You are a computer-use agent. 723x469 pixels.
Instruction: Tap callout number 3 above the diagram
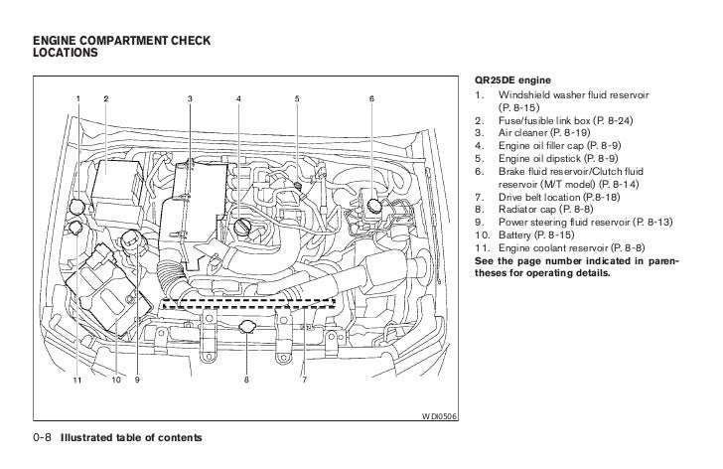pyautogui.click(x=190, y=98)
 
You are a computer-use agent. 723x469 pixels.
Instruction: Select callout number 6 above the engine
pyautogui.click(x=370, y=98)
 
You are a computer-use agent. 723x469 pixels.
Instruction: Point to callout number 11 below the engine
pyautogui.click(x=75, y=380)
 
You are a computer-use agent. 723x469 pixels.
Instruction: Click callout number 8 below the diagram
pyautogui.click(x=245, y=380)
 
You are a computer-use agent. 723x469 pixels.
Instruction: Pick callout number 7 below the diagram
pyautogui.click(x=303, y=380)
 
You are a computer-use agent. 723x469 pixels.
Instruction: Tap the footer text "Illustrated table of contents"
pyautogui.click(x=129, y=437)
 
